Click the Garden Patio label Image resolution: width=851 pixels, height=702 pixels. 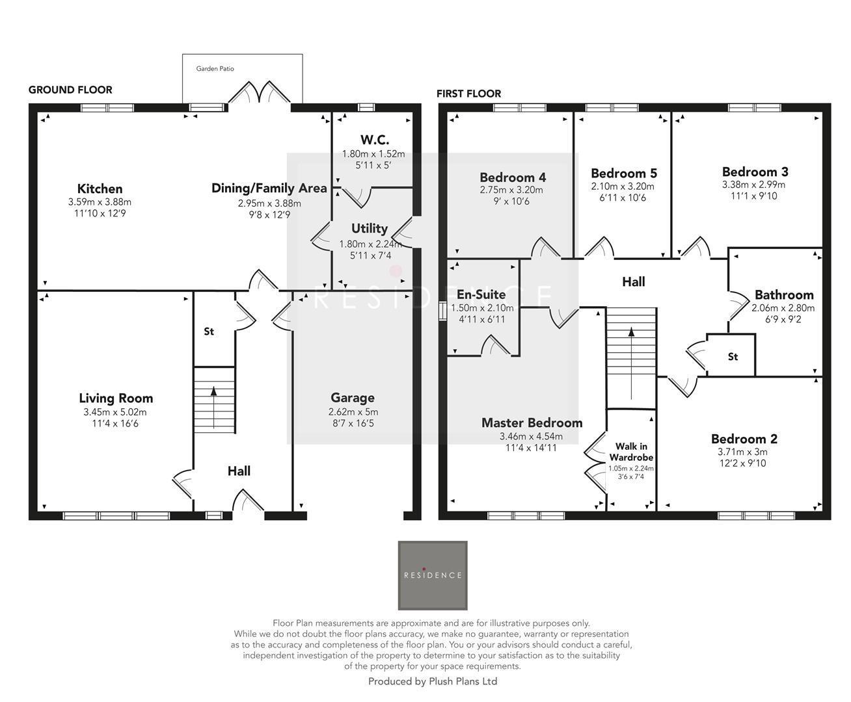[215, 68]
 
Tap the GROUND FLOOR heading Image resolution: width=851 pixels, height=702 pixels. [70, 90]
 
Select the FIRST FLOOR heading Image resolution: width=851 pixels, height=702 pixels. [468, 94]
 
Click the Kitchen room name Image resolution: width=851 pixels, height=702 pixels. [100, 189]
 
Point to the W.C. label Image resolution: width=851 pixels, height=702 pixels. [374, 140]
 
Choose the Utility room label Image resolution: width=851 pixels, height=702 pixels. [370, 228]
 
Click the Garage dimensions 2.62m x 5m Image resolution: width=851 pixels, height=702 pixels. [353, 412]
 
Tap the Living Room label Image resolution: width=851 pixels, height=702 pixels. [116, 398]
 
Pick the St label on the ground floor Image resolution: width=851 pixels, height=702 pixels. [209, 331]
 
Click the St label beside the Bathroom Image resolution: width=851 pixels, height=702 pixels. [733, 357]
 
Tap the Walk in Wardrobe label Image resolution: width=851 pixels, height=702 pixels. [630, 452]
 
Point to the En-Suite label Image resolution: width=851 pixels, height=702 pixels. [481, 294]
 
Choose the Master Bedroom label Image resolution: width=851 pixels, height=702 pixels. [532, 422]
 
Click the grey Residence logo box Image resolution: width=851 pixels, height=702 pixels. [433, 575]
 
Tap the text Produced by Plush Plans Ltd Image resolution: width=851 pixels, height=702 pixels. [433, 681]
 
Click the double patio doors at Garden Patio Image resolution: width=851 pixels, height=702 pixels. [260, 94]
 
